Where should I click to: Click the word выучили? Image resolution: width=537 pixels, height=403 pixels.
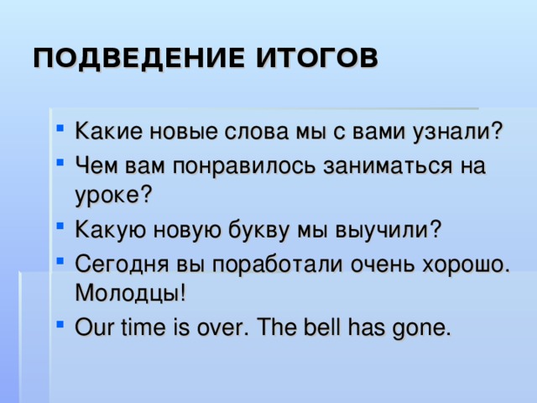394,228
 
